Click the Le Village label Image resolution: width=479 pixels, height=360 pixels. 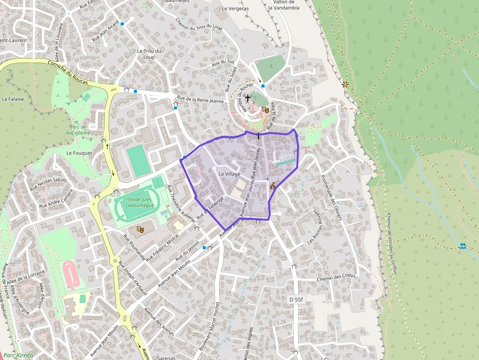point(229,174)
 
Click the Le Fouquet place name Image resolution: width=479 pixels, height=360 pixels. point(76,153)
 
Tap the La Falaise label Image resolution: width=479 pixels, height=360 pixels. point(13,99)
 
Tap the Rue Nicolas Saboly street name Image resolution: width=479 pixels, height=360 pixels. point(48,184)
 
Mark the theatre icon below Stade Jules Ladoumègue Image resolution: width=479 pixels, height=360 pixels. point(140,228)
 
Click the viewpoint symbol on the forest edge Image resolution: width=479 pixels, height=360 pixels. point(346,84)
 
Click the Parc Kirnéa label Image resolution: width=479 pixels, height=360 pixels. point(18,355)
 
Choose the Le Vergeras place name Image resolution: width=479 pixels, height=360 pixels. point(235,8)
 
